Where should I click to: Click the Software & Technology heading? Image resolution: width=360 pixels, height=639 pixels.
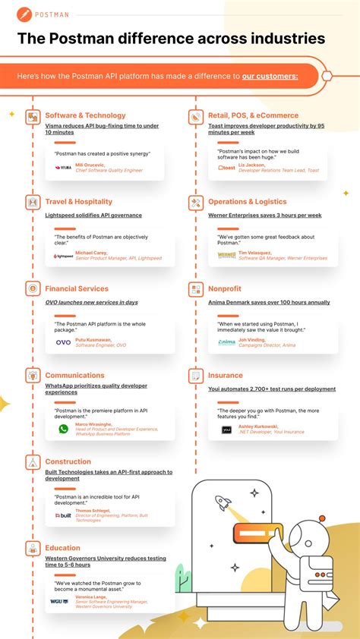pyautogui.click(x=85, y=115)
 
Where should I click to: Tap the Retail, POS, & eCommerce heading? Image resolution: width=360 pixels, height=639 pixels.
pyautogui.click(x=253, y=115)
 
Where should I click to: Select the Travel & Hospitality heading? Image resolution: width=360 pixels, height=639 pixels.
pyautogui.click(x=78, y=202)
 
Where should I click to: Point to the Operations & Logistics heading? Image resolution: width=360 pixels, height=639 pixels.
pyautogui.click(x=247, y=202)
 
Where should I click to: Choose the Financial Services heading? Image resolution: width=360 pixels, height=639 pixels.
pyautogui.click(x=77, y=288)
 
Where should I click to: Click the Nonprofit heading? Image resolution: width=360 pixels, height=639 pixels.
pyautogui.click(x=225, y=288)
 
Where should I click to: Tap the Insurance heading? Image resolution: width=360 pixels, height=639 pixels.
pyautogui.click(x=226, y=375)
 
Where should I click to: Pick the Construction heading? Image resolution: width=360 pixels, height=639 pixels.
pyautogui.click(x=68, y=461)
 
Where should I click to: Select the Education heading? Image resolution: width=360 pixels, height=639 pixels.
pyautogui.click(x=62, y=548)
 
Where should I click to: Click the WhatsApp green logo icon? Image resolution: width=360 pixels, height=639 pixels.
pyautogui.click(x=64, y=429)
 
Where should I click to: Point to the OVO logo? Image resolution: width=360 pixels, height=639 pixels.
pyautogui.click(x=64, y=342)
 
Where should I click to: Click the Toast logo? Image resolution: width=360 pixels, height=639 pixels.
pyautogui.click(x=226, y=168)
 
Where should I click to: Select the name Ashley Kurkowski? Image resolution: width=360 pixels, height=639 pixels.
pyautogui.click(x=259, y=426)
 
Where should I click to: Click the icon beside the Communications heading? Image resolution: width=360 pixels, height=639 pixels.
pyautogui.click(x=33, y=375)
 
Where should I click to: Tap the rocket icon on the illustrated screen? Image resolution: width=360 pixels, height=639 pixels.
pyautogui.click(x=223, y=502)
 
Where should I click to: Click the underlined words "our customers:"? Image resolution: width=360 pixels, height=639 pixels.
pyautogui.click(x=270, y=76)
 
